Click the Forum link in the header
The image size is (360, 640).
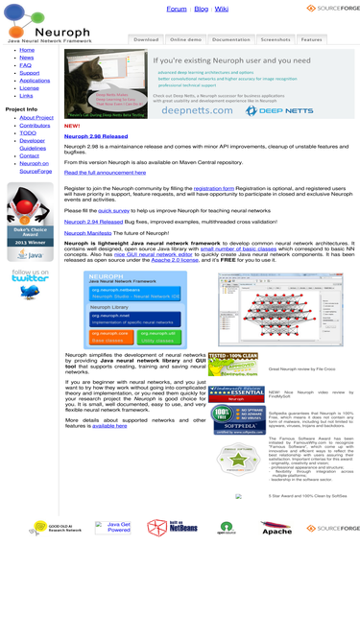[177, 9]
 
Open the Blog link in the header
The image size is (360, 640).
[201, 9]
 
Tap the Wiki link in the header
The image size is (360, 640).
[221, 9]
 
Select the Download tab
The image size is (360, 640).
[146, 40]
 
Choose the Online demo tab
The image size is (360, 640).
[185, 40]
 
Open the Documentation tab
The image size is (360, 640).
[230, 40]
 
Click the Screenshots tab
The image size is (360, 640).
[276, 40]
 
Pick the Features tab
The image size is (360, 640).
[311, 40]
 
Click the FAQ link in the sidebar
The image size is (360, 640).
[25, 65]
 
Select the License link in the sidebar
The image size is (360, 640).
[29, 88]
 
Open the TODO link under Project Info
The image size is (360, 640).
[27, 132]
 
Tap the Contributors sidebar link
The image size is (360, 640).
[35, 125]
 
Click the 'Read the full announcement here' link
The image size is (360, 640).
[105, 172]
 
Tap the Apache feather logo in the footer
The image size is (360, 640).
[276, 528]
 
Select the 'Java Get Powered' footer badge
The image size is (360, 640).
[119, 527]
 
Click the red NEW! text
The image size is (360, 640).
[72, 126]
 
